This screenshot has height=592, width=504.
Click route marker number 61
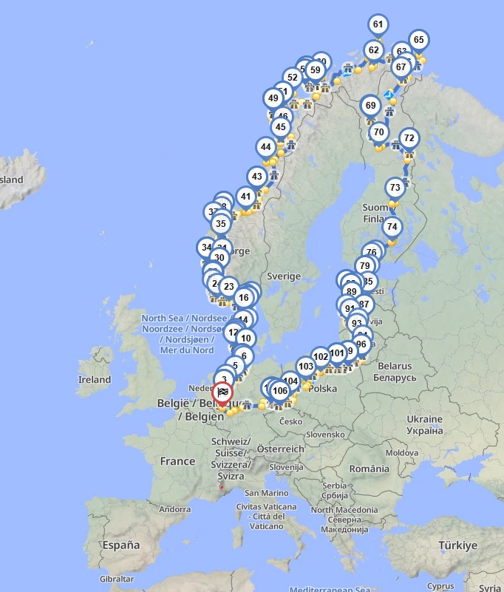[x=378, y=24]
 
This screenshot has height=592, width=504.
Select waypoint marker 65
[x=418, y=40]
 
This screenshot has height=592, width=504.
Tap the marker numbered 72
[x=409, y=138]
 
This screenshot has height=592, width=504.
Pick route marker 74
[x=392, y=227]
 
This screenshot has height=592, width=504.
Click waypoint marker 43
[x=256, y=177]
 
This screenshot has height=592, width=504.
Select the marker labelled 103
[x=306, y=367]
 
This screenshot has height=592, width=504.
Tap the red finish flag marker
[x=222, y=392]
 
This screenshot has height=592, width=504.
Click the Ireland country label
[x=94, y=380]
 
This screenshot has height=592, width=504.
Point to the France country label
[x=178, y=461]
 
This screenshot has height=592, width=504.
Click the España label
[x=121, y=545]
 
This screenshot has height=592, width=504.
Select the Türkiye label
[x=457, y=545]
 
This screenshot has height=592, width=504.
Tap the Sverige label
[x=284, y=276]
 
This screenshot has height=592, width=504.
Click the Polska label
[x=323, y=389]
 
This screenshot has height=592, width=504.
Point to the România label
[x=370, y=468]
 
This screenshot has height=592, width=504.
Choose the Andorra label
[x=175, y=509]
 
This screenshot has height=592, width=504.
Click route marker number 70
[x=379, y=133]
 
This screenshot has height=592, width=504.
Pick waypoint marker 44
[x=266, y=148]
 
